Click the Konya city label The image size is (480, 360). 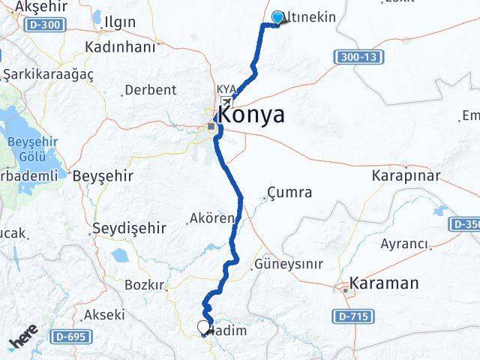(x=250, y=115)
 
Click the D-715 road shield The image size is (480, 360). (x=351, y=317)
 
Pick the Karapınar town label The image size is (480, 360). (x=406, y=175)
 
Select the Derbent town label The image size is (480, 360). (x=150, y=90)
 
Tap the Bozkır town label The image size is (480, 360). (x=144, y=285)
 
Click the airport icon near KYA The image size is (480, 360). (x=226, y=101)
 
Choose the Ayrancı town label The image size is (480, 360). (x=404, y=244)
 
